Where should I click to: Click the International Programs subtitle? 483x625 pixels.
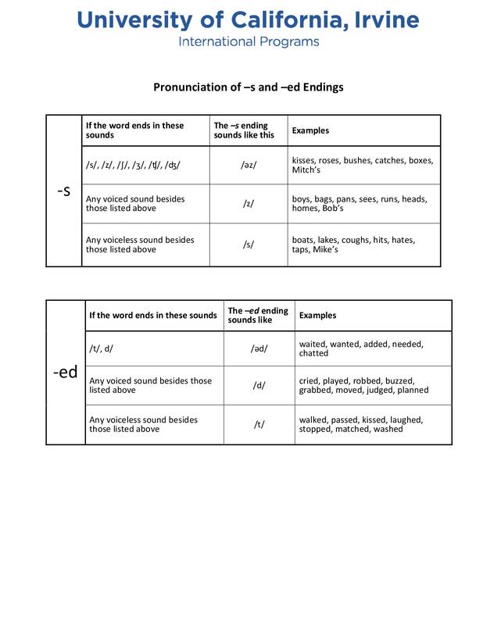point(249,41)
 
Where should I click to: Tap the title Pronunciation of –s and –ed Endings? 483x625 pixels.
point(248,87)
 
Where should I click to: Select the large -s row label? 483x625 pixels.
point(64,191)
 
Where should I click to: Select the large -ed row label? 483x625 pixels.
point(65,373)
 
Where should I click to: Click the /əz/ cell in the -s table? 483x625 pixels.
point(248,166)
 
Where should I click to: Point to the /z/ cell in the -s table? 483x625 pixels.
point(248,204)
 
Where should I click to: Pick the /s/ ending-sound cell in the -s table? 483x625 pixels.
point(248,245)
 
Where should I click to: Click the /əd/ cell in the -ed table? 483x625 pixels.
point(259,348)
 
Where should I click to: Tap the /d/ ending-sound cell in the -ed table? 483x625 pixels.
point(259,386)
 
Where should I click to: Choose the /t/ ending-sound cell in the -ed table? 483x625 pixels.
point(259,424)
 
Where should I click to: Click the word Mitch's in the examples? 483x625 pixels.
point(306,170)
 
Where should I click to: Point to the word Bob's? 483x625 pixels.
point(333,209)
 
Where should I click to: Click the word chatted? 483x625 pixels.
point(314,353)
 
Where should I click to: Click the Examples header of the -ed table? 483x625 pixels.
point(318,316)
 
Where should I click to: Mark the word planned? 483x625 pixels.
point(412,390)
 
